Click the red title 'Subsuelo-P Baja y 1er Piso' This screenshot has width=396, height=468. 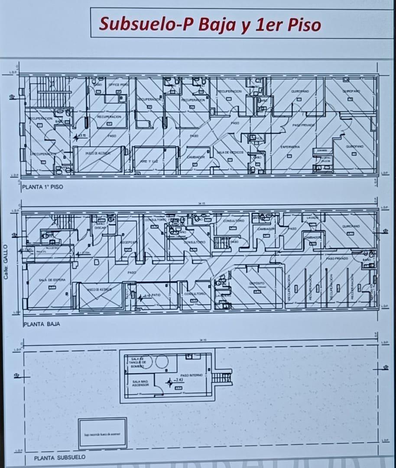210,24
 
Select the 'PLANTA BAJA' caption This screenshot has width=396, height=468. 42,324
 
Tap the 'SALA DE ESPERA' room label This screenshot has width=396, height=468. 52,280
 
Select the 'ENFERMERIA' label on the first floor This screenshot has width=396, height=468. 290,147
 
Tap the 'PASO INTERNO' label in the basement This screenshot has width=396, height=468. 191,375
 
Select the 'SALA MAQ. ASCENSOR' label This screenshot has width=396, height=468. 140,383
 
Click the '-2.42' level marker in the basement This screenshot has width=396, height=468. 179,380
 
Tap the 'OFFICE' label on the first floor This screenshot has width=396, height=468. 118,84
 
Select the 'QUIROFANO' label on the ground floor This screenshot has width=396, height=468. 351,226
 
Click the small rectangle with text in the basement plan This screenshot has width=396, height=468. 103,433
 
